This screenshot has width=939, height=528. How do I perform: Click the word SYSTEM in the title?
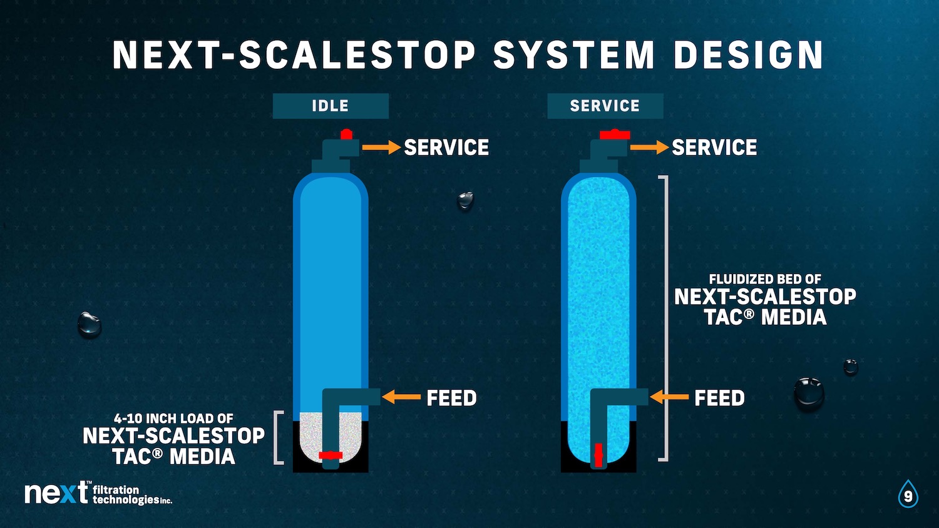click(573, 55)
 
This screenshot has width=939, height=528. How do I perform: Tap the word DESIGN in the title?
click(748, 55)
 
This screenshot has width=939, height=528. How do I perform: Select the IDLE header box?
click(331, 106)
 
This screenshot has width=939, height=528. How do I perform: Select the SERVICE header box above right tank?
click(605, 106)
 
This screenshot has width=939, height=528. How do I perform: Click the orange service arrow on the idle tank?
click(381, 147)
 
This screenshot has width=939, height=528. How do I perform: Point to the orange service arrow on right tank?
click(649, 147)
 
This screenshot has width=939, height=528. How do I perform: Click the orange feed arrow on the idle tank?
click(401, 397)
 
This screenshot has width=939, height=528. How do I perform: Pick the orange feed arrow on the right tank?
click(669, 397)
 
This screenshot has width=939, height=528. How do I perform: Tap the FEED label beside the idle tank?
click(451, 398)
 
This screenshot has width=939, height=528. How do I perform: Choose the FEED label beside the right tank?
click(719, 398)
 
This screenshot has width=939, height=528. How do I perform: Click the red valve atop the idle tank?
click(346, 134)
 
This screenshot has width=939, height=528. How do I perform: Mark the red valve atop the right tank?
click(615, 135)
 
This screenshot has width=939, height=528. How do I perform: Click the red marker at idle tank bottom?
click(331, 455)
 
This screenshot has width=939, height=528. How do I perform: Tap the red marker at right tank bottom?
click(598, 455)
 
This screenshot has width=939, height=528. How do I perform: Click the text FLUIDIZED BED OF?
click(765, 279)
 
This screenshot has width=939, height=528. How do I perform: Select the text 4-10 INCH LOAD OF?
click(173, 419)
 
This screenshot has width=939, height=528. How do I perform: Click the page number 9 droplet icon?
click(908, 495)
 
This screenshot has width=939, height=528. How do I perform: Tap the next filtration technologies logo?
click(98, 493)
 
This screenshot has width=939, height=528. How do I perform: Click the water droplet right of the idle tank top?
click(466, 200)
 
